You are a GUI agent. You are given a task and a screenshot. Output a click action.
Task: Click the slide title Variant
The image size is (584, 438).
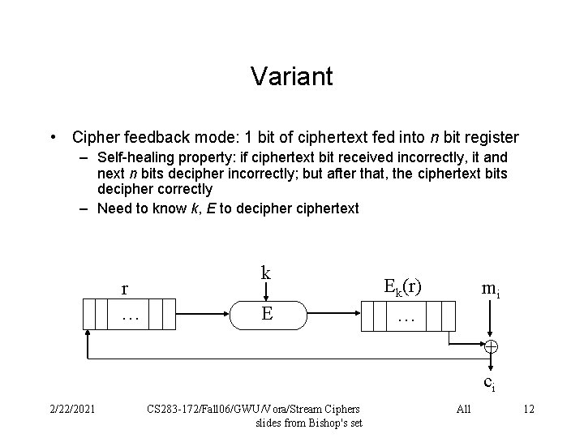[291, 76]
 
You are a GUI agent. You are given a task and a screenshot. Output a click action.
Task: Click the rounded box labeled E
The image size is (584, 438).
[267, 314]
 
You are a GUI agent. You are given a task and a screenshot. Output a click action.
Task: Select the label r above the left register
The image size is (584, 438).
[124, 289]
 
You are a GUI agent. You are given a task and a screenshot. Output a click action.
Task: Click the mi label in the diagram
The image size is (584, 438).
[490, 288]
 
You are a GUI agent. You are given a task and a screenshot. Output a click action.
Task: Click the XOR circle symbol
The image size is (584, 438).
[491, 346]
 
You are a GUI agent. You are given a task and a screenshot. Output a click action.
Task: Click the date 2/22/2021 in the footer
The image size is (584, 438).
[71, 408]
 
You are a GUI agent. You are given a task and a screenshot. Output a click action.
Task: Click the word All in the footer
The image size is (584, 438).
[464, 409]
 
